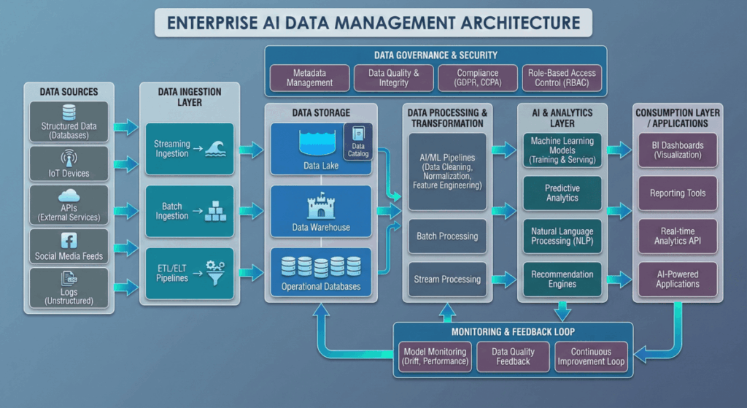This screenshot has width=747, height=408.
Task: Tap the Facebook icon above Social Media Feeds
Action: click(69, 242)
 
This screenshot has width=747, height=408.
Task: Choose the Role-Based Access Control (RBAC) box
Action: click(562, 77)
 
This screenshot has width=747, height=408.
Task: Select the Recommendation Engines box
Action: click(562, 279)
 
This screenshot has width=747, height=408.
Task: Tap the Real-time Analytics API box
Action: click(677, 236)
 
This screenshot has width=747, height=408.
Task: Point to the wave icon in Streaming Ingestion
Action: click(216, 149)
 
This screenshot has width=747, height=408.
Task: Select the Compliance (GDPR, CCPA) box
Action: click(478, 77)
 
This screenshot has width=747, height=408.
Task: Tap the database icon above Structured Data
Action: click(69, 112)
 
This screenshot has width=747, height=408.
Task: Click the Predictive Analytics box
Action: click(562, 193)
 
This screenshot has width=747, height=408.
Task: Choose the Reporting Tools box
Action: click(677, 193)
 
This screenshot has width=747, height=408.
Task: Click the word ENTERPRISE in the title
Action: click(220, 23)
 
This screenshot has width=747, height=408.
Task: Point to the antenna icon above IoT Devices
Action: click(69, 158)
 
